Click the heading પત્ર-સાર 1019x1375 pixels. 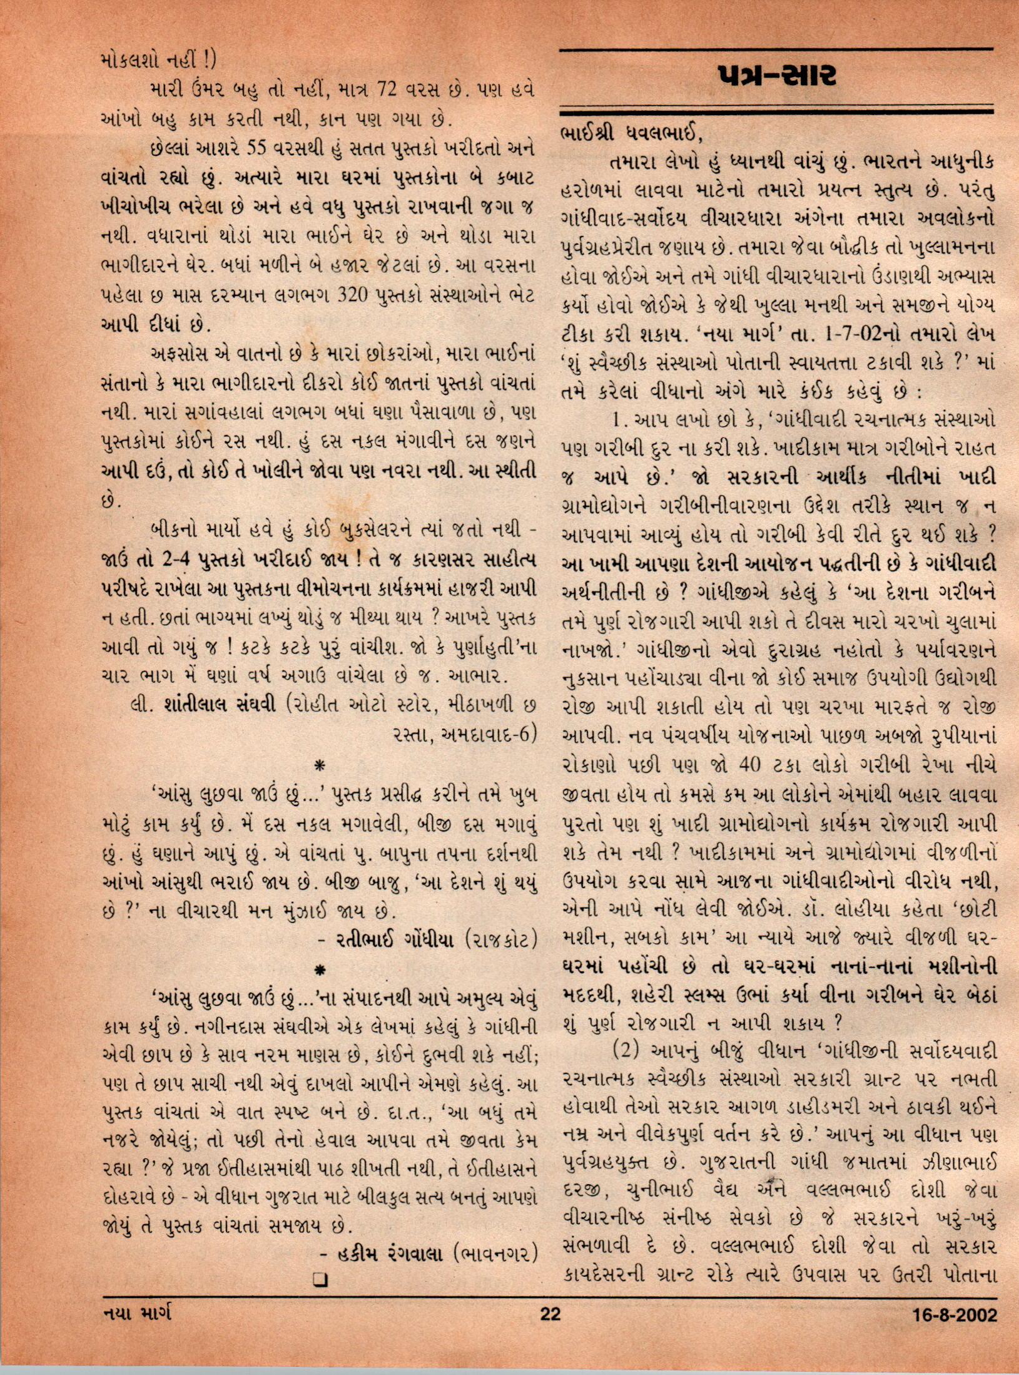pos(776,77)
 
